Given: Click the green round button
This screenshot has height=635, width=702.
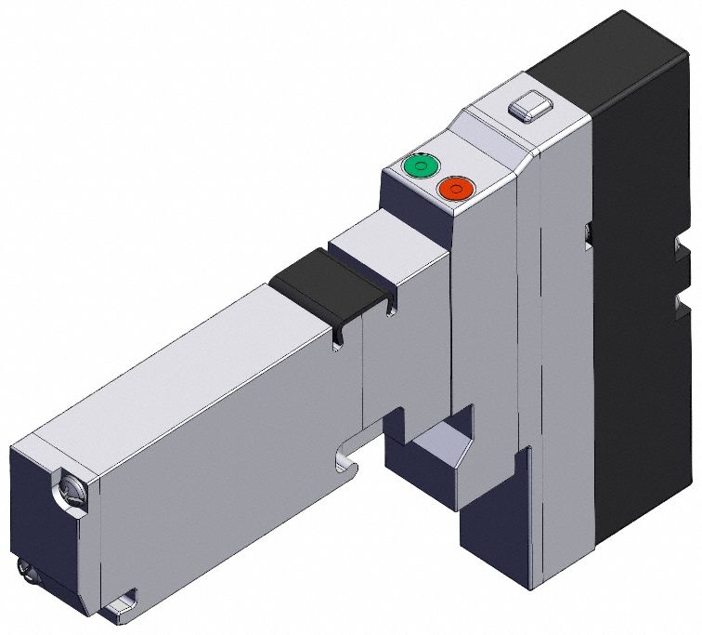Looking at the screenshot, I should pyautogui.click(x=420, y=167).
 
